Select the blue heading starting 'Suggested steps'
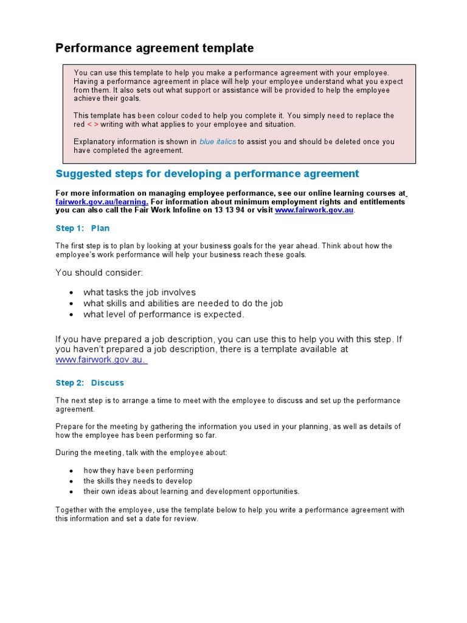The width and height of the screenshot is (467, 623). point(207,174)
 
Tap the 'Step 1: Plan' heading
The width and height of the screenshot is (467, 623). point(83,228)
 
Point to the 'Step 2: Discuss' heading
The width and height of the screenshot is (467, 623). point(89,383)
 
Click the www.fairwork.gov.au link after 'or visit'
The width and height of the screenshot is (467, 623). point(314,211)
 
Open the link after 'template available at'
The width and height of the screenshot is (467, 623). point(101,360)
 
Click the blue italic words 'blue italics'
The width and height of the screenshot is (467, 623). point(218,142)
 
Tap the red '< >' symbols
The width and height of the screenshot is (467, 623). point(92,124)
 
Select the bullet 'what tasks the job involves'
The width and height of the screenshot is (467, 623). point(139,293)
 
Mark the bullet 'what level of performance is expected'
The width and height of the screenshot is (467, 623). point(164,315)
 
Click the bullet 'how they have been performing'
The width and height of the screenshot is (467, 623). point(138,471)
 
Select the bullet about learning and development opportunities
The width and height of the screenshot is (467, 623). point(191,492)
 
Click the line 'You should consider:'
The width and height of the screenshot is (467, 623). point(99,273)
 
